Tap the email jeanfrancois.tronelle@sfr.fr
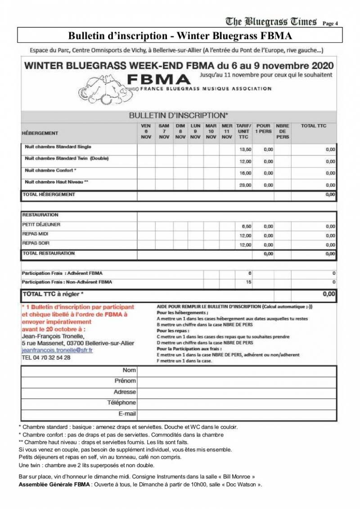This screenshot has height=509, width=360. [x=57, y=350]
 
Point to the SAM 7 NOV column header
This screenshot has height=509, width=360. [x=164, y=131]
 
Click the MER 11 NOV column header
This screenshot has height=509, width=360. [x=227, y=131]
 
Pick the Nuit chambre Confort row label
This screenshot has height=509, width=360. [x=51, y=170]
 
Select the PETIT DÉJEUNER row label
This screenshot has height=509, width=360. [x=41, y=224]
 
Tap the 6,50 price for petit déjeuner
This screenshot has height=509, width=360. [x=246, y=226]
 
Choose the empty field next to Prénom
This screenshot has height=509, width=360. [x=236, y=381]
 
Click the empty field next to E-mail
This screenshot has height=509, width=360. [x=236, y=414]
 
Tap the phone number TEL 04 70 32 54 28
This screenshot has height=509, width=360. [x=46, y=358]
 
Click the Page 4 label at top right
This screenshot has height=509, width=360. [x=331, y=23]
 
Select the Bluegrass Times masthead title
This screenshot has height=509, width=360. [x=271, y=21]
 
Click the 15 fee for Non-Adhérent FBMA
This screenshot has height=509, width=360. [x=249, y=282]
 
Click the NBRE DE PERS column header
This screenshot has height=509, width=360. [x=283, y=131]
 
